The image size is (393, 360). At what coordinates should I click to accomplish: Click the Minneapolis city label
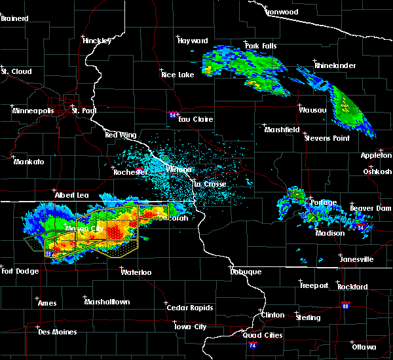point(33,111)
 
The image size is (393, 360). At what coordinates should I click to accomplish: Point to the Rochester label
point(130,171)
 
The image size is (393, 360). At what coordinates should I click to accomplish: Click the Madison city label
point(330,233)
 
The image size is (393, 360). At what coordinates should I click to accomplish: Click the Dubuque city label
point(246,272)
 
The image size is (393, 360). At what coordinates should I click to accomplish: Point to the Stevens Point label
point(325,137)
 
